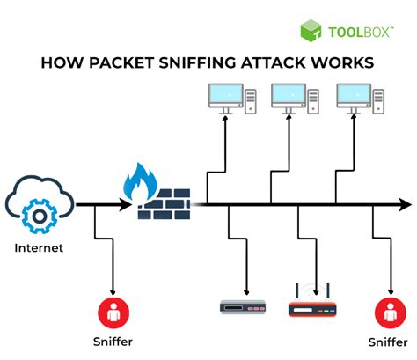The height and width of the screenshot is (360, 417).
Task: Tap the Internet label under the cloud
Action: (39, 248)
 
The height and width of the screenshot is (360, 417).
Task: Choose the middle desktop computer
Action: (293, 98)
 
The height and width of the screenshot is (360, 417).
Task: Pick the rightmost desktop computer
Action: (358, 98)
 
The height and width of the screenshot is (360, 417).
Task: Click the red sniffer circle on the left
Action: (112, 310)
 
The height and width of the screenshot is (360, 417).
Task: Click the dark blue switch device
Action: (242, 307)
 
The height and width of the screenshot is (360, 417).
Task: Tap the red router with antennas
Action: (312, 305)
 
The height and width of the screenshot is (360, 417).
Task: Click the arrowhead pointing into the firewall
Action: (126, 205)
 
